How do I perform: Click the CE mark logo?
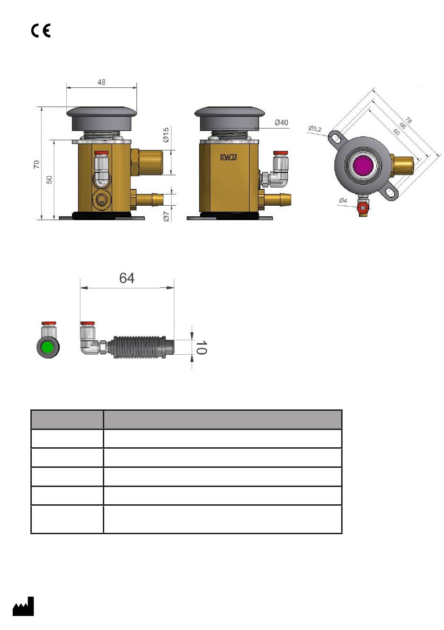point(41,30)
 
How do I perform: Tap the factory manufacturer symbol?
point(23,607)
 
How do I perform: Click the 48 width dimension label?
point(101,82)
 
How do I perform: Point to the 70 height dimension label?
point(36,164)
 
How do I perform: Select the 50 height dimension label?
point(49,180)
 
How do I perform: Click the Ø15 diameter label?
point(166,135)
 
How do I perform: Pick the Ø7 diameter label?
point(166,216)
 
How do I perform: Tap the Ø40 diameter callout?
point(281,122)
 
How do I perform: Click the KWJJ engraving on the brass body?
point(229,157)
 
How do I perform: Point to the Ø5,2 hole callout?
point(315,129)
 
